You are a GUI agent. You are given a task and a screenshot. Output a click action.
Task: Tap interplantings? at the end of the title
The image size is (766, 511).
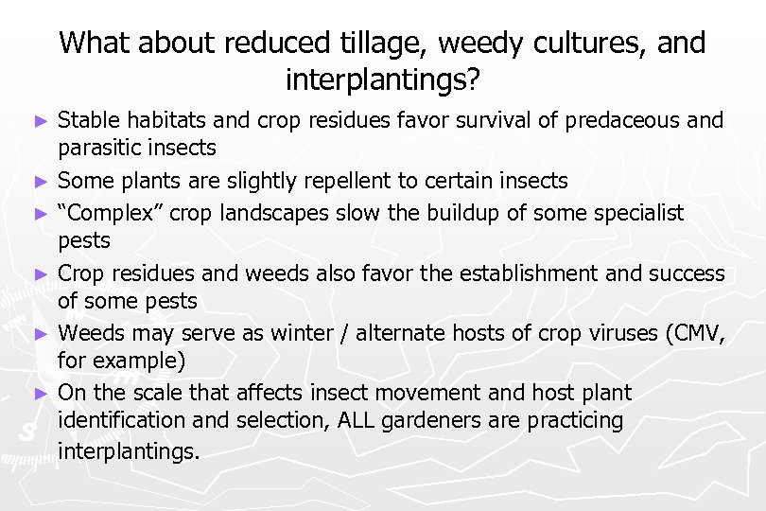tap(382, 80)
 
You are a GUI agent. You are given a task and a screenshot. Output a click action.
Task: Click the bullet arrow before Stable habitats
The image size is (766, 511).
tap(39, 121)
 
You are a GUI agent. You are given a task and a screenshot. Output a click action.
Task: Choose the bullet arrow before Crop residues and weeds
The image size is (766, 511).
tap(39, 274)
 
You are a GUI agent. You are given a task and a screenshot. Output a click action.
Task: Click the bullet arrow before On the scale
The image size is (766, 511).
tap(39, 392)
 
